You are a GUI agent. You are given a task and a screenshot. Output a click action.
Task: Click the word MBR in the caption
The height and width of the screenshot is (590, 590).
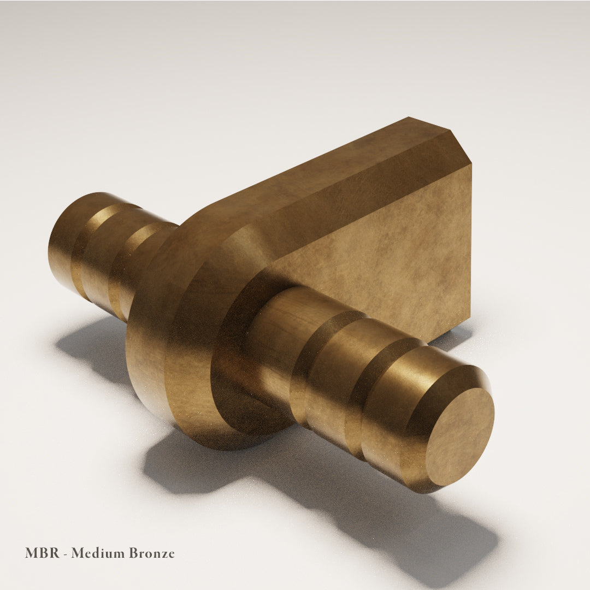pyautogui.click(x=42, y=553)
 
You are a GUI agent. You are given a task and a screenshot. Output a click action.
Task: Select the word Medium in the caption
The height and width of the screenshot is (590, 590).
pyautogui.click(x=98, y=553)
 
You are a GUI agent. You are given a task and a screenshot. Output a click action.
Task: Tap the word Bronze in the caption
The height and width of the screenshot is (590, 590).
pyautogui.click(x=152, y=553)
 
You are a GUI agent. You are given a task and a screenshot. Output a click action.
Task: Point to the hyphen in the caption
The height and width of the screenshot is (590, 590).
pyautogui.click(x=66, y=554)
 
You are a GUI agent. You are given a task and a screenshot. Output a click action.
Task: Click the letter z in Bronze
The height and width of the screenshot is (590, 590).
pyautogui.click(x=162, y=554)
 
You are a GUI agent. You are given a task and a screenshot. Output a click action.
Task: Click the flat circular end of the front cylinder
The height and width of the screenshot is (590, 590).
pyautogui.click(x=459, y=436)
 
